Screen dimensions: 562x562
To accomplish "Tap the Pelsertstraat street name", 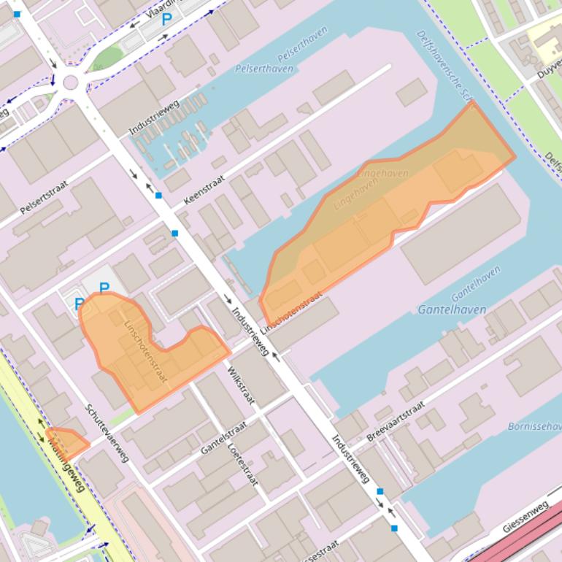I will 43,197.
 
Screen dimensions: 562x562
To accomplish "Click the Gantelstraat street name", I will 223,436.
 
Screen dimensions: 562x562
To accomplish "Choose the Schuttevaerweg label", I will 107,434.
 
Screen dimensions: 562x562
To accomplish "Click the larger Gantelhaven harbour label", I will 452,309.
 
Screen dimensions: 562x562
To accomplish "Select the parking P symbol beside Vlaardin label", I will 166,20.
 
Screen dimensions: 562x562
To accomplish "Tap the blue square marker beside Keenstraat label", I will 158,196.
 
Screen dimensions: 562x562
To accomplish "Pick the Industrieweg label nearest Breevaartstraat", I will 350,459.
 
